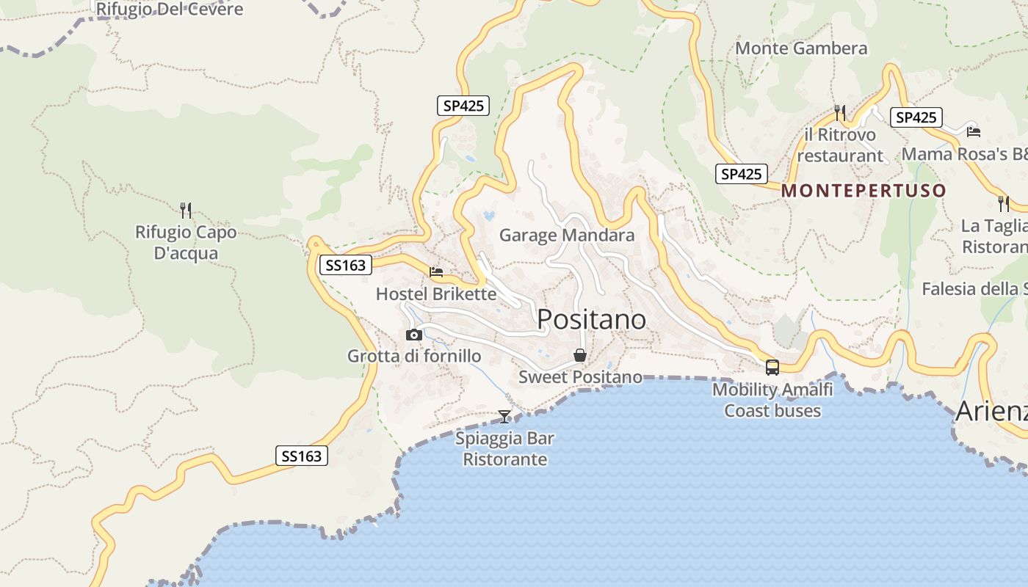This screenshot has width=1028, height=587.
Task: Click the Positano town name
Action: tap(591, 319)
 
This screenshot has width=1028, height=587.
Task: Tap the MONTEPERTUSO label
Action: tap(864, 191)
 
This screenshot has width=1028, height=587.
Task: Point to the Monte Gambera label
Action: tap(801, 48)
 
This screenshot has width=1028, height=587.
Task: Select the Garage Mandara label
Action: tap(567, 236)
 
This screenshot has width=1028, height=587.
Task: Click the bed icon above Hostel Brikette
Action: tap(436, 272)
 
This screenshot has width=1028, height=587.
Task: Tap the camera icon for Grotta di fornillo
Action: tap(414, 335)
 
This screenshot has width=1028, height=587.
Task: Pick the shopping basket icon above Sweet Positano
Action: tap(580, 355)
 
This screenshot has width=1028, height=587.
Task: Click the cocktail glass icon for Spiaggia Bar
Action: tap(504, 417)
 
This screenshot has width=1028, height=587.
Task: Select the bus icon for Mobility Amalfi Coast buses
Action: tap(772, 367)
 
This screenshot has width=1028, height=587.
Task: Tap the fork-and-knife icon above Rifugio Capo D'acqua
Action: tap(186, 211)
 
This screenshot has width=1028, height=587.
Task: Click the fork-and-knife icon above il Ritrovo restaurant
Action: tap(840, 112)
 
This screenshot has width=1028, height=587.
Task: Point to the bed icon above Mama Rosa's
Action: tap(974, 131)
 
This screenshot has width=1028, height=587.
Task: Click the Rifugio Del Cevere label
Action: tap(170, 10)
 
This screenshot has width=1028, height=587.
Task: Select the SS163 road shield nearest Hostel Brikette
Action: tap(345, 265)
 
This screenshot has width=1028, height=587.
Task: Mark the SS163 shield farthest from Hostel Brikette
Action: tap(301, 456)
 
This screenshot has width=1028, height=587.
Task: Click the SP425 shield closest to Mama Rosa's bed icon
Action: tap(916, 117)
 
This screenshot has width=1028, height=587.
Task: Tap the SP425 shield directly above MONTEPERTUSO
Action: tap(741, 174)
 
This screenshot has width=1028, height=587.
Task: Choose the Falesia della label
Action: tap(974, 289)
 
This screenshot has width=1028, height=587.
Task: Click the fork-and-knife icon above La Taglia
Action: tap(1004, 203)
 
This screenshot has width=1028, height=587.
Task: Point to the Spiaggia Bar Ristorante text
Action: tap(505, 449)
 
